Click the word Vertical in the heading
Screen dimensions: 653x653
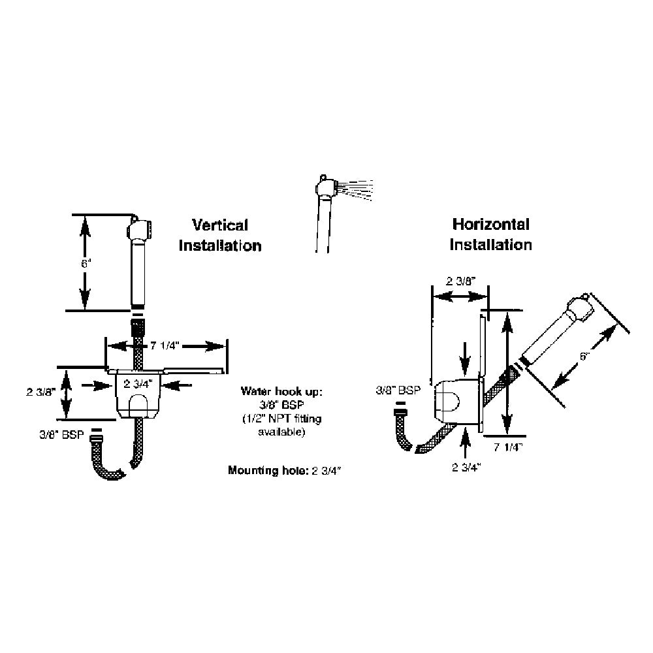click(x=219, y=225)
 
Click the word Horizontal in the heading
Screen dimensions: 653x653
click(x=491, y=225)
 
